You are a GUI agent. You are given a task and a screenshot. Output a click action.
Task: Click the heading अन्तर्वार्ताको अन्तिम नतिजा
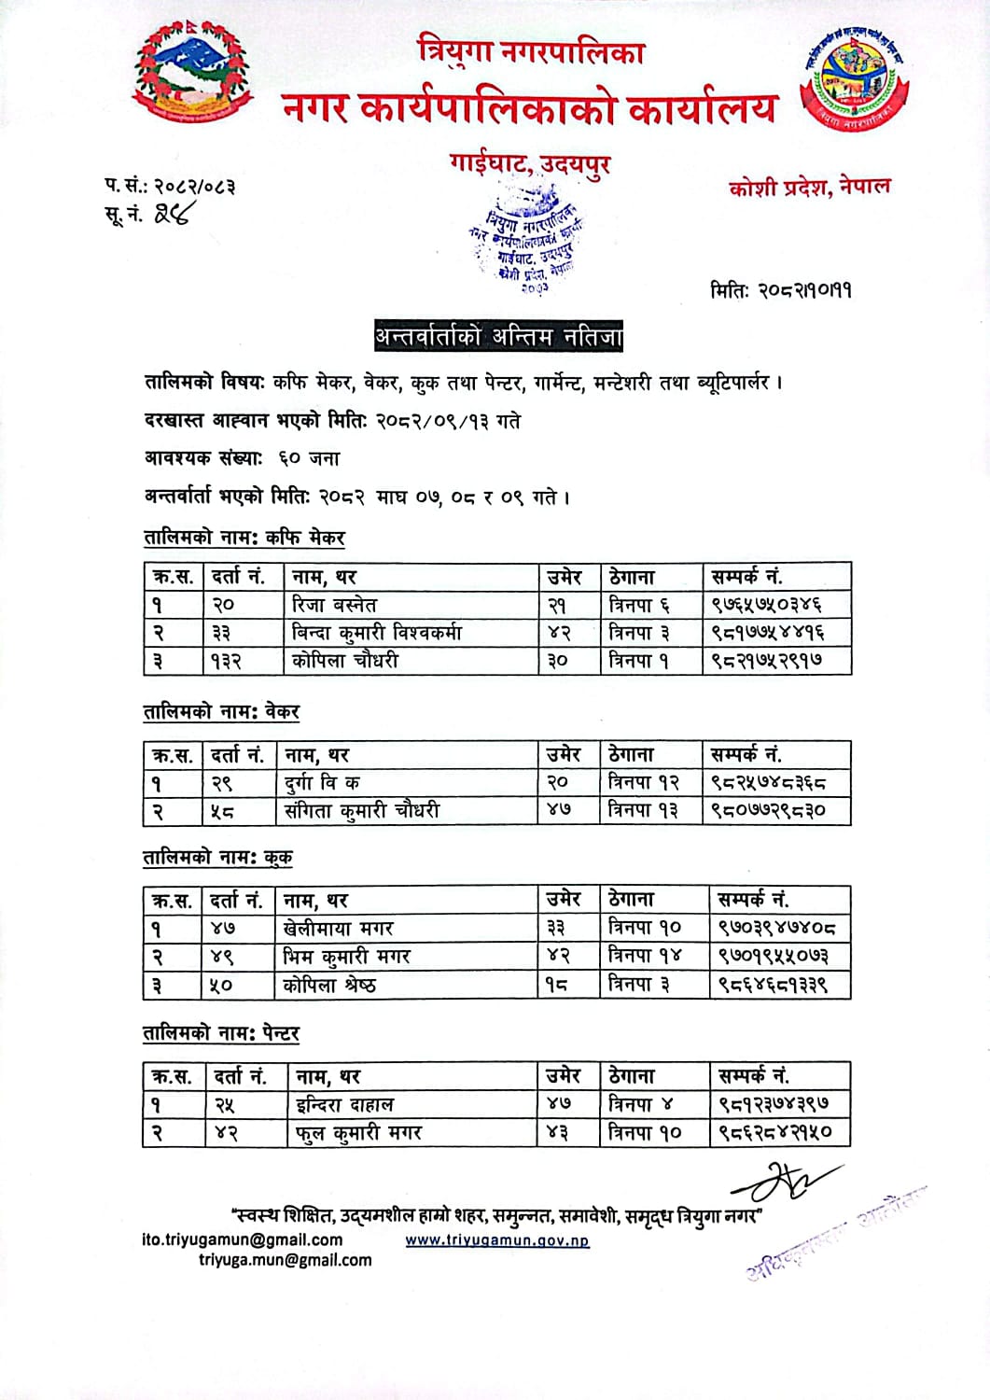(498, 336)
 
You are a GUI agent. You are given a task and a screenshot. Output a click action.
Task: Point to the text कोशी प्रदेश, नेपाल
(809, 186)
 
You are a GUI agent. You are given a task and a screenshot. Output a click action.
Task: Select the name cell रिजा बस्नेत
(334, 605)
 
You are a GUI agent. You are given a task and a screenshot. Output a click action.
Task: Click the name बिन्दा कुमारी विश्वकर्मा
(377, 633)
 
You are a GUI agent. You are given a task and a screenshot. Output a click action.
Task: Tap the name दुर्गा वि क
(322, 782)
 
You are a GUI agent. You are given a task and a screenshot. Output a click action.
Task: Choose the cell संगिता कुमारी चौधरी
(362, 810)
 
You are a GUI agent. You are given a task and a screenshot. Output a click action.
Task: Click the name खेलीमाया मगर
(339, 928)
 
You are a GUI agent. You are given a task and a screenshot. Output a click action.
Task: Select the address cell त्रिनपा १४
(645, 956)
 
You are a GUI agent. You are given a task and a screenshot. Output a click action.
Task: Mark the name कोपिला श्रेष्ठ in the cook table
(330, 984)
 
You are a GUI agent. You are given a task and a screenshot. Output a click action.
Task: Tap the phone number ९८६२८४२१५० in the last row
(774, 1133)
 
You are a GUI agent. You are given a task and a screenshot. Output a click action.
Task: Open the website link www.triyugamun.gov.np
(496, 1240)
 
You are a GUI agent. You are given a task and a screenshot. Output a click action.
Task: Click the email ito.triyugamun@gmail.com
(242, 1239)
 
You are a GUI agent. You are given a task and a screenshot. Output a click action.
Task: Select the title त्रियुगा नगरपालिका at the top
(531, 52)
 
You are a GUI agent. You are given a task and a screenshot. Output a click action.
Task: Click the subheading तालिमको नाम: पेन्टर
(221, 1034)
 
